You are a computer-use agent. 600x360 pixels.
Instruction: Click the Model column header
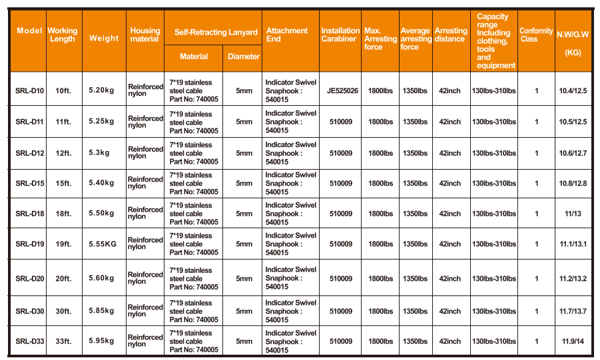pos(29,31)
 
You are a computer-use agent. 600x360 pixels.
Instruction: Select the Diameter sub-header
pos(243,57)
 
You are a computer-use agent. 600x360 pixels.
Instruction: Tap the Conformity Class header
pos(535,35)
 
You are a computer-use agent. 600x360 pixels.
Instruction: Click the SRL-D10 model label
pos(29,91)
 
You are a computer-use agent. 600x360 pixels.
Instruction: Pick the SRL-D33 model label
pos(29,341)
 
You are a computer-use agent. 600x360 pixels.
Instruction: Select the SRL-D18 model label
pos(29,214)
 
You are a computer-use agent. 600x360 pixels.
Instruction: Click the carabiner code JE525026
pos(342,91)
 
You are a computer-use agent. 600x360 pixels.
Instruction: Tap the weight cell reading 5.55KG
pos(103,244)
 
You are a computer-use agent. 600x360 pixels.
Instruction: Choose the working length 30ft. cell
pos(63,311)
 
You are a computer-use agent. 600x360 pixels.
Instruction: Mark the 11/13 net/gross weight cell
pos(573,214)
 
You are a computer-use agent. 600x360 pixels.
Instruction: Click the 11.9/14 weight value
pos(573,341)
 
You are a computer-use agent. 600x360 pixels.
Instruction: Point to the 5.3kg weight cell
pos(99,152)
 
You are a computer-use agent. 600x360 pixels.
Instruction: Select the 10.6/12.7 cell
pos(573,153)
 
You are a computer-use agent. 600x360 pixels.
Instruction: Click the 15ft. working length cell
pos(63,183)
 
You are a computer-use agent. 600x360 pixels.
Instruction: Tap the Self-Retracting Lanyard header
pos(216,32)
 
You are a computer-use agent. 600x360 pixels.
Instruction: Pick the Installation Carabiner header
pos(340,35)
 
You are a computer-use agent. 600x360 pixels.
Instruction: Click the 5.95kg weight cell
pos(101,341)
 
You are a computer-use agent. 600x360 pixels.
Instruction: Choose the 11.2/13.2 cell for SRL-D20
pos(573,279)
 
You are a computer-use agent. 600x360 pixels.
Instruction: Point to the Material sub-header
pos(194,57)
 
